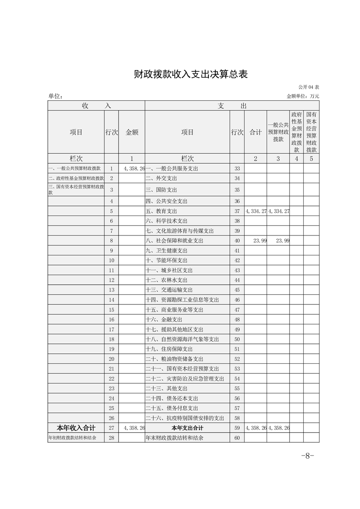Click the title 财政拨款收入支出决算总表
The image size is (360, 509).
pyautogui.click(x=190, y=74)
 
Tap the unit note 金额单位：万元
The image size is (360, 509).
pyautogui.click(x=303, y=96)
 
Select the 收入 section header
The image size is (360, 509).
pyautogui.click(x=96, y=105)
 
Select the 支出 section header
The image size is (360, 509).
pyautogui.click(x=232, y=105)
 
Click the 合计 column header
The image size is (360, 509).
pyautogui.click(x=256, y=132)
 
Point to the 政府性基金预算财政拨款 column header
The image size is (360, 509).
pyautogui.click(x=296, y=132)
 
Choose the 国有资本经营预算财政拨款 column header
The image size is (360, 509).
pyautogui.click(x=311, y=132)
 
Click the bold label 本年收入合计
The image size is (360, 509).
pyautogui.click(x=75, y=428)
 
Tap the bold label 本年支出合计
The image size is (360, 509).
pyautogui.click(x=187, y=428)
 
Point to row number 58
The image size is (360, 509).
pyautogui.click(x=237, y=418)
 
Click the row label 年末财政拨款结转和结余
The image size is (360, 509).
pyautogui.click(x=174, y=438)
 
